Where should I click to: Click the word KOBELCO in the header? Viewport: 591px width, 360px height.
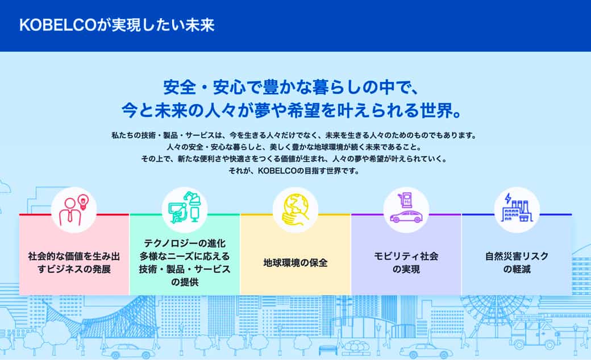tap(57, 25)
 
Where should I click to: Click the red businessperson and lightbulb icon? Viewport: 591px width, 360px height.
tap(74, 210)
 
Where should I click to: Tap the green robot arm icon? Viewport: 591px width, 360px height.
tap(185, 208)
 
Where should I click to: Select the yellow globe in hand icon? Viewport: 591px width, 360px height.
tap(295, 209)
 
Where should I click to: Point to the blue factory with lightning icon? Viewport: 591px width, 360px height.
tap(517, 208)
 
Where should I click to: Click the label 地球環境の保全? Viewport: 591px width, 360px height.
tap(295, 263)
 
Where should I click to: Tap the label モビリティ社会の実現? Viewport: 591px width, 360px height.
tap(406, 263)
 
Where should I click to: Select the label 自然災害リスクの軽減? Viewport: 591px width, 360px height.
tap(517, 263)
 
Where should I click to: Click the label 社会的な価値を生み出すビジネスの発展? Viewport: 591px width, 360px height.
tap(74, 263)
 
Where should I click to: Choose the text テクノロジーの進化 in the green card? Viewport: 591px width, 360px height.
tap(185, 243)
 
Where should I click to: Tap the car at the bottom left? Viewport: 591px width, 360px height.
tap(129, 351)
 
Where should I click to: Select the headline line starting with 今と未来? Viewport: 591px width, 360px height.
tap(292, 110)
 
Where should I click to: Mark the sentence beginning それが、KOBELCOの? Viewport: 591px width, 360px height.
tap(294, 171)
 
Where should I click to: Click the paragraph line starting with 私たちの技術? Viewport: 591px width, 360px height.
tap(294, 135)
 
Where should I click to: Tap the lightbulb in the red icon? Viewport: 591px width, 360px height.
tap(82, 201)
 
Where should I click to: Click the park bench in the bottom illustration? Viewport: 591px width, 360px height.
tap(328, 350)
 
